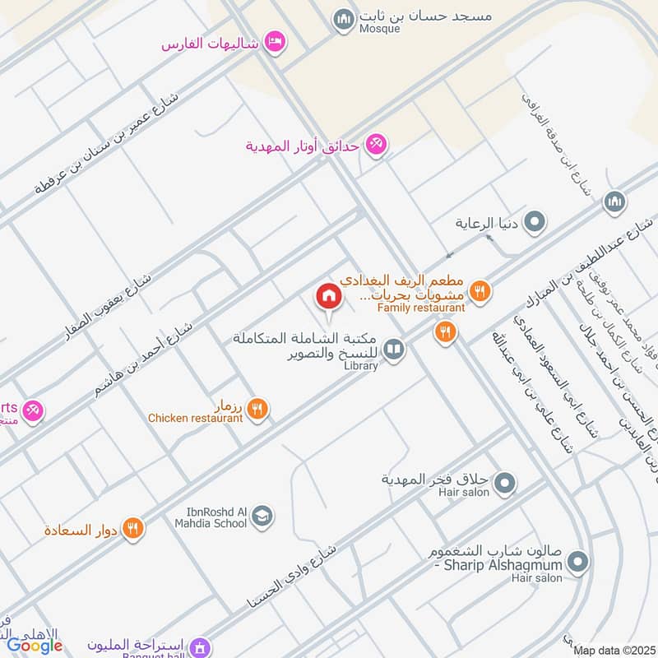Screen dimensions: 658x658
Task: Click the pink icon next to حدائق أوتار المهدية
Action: (x=377, y=145)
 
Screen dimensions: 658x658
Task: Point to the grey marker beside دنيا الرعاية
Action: (x=535, y=222)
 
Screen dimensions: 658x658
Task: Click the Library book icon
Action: (x=395, y=351)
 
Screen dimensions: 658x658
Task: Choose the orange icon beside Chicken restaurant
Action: (x=257, y=408)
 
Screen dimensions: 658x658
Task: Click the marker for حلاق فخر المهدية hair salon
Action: (x=505, y=482)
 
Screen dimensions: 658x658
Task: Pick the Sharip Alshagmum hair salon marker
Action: (x=579, y=563)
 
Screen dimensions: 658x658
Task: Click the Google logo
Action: (x=35, y=646)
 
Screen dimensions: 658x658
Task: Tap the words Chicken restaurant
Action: (x=195, y=419)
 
